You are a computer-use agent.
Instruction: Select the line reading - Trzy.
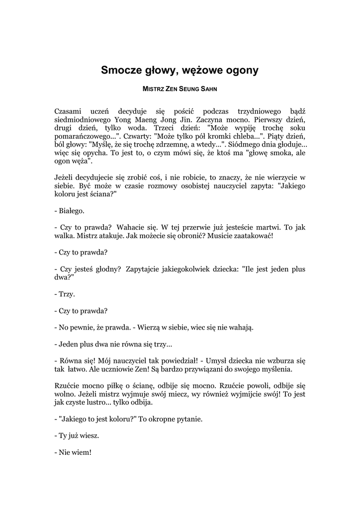tap(65, 294)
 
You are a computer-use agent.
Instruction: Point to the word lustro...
tap(102, 402)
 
